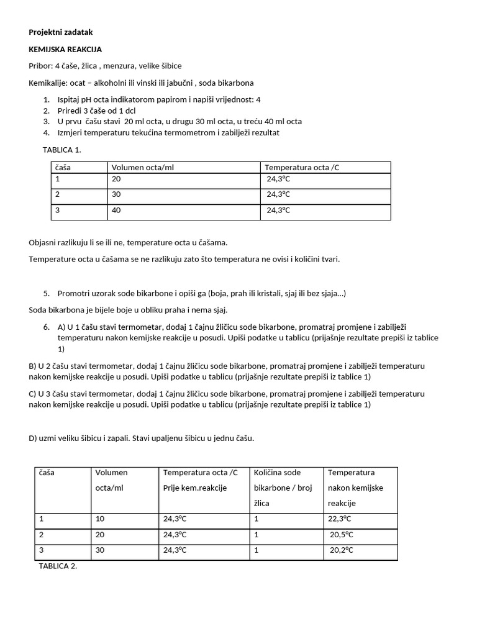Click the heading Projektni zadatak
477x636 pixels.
tap(61, 32)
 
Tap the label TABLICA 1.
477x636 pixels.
tap(61, 150)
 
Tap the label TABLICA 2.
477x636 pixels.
tap(58, 566)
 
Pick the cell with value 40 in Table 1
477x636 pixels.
tap(116, 210)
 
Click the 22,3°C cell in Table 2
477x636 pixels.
tap(340, 519)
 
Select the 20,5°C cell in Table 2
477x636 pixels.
tap(341, 534)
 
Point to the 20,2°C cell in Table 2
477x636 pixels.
tap(341, 550)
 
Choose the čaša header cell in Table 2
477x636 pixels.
tap(47, 473)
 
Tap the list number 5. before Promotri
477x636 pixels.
tap(47, 293)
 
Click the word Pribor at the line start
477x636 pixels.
tap(40, 66)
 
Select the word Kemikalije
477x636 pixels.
tap(48, 83)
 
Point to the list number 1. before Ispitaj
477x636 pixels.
tap(47, 99)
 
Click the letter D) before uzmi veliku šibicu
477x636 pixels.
tap(34, 438)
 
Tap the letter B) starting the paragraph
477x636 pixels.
tap(34, 366)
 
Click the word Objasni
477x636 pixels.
tap(43, 242)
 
